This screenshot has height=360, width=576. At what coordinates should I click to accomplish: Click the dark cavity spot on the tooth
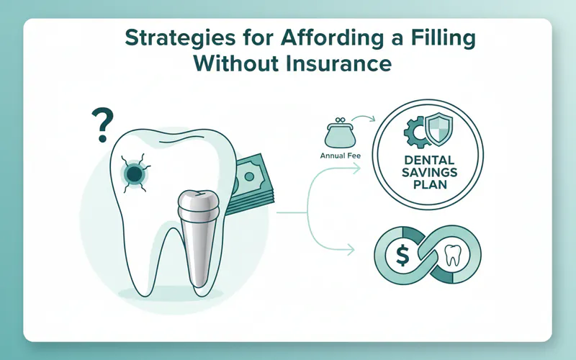(134, 173)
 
